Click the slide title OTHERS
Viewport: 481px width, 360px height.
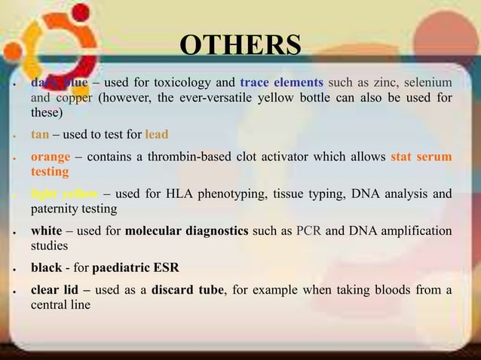240,46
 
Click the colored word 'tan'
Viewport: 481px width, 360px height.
40,135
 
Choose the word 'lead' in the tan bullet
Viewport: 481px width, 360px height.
157,135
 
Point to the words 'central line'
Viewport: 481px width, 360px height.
60,305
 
